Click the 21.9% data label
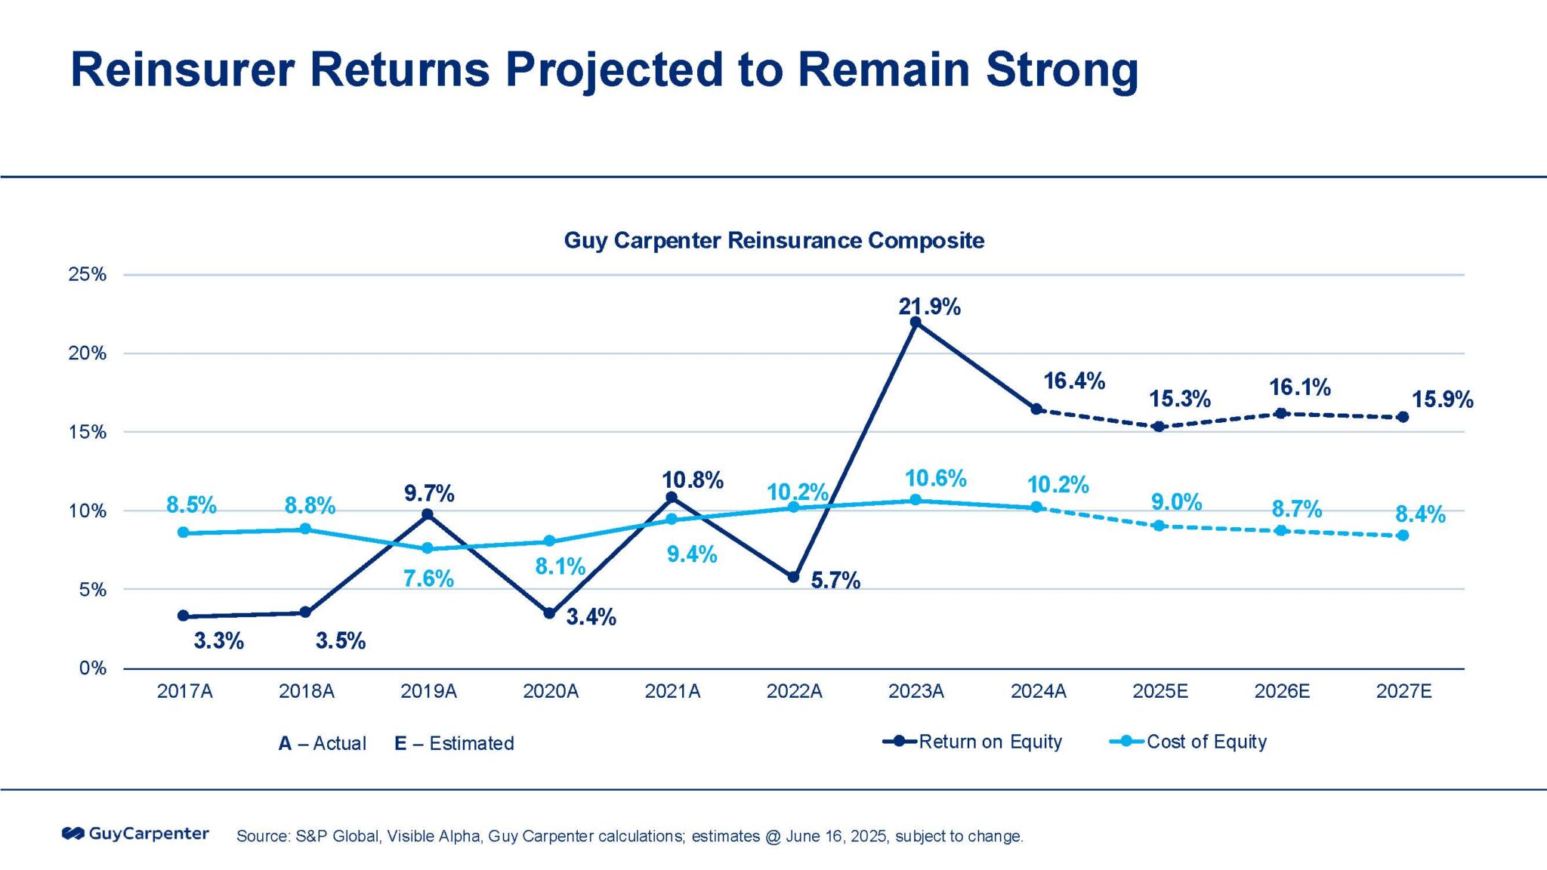(x=929, y=307)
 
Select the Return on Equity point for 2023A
(x=916, y=322)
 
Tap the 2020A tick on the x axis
(x=551, y=691)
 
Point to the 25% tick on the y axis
(x=88, y=274)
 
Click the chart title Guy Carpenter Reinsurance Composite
(x=773, y=240)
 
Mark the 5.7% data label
(x=835, y=580)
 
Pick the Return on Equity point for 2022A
(x=793, y=577)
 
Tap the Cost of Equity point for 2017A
(x=183, y=532)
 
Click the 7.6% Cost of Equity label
(x=428, y=578)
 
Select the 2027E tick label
(x=1403, y=691)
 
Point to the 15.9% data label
(x=1442, y=400)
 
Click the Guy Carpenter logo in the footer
(x=135, y=834)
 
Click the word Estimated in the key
(x=471, y=743)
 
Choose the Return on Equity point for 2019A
(x=427, y=514)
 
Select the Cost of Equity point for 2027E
(x=1403, y=535)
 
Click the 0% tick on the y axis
(x=92, y=668)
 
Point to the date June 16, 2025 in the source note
(x=836, y=836)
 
